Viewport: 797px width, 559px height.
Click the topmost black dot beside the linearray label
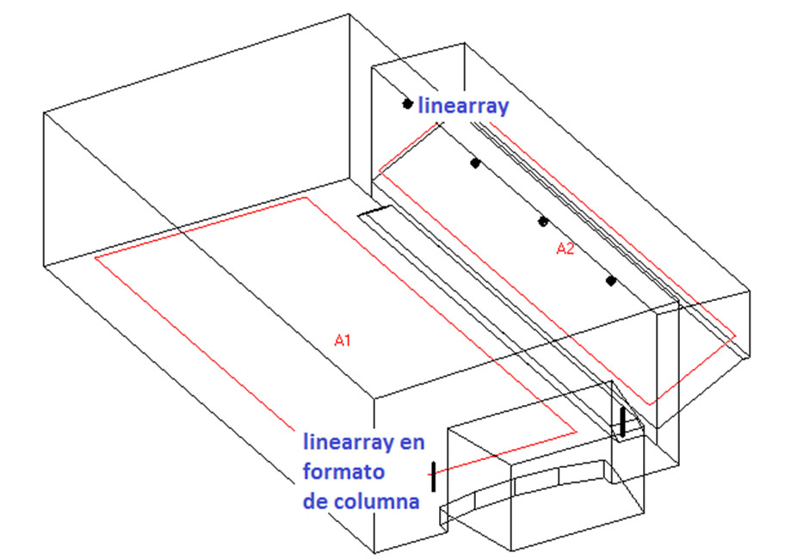coord(407,104)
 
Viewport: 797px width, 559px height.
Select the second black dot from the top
coord(474,163)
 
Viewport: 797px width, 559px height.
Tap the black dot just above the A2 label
coord(543,221)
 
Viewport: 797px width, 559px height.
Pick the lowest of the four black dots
coord(610,280)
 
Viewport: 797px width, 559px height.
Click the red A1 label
coord(343,341)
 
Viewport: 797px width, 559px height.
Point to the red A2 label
coord(565,249)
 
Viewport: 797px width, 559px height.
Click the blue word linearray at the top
coord(464,107)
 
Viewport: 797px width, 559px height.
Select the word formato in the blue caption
coord(343,472)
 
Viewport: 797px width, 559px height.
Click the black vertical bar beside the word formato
coord(433,476)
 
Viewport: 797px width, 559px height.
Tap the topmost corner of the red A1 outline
coord(306,198)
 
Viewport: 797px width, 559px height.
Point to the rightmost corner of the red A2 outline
coord(737,338)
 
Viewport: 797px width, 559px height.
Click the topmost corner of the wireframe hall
coord(349,14)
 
